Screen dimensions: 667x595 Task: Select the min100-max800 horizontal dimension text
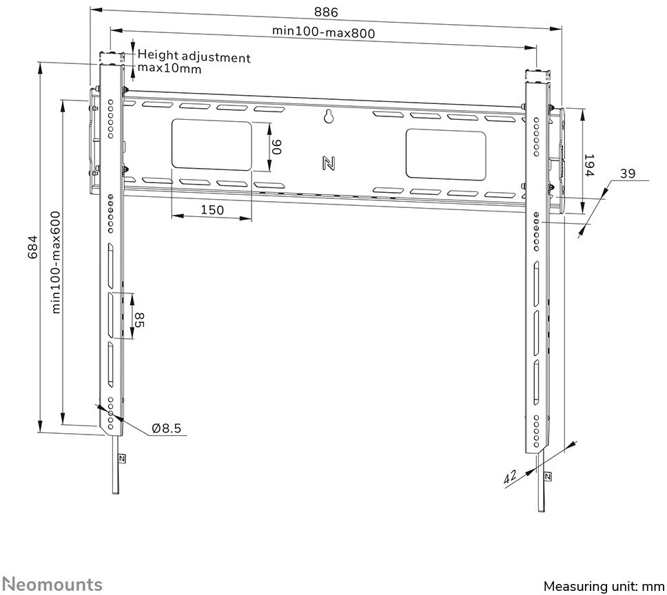[327, 31]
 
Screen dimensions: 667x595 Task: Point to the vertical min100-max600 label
[56, 262]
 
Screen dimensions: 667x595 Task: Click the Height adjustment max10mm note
[194, 63]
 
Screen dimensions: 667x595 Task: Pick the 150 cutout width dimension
[212, 209]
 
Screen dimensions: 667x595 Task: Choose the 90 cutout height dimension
[277, 146]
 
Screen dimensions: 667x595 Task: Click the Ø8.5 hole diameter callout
[166, 428]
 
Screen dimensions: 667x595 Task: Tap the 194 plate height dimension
[589, 165]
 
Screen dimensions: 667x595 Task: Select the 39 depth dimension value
[626, 174]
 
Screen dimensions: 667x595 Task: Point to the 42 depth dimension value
[511, 475]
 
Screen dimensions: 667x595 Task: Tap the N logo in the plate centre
[329, 163]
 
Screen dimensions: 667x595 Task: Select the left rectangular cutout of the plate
[211, 145]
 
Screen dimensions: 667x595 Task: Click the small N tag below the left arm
[121, 459]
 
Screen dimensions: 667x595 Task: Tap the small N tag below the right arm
[548, 476]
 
